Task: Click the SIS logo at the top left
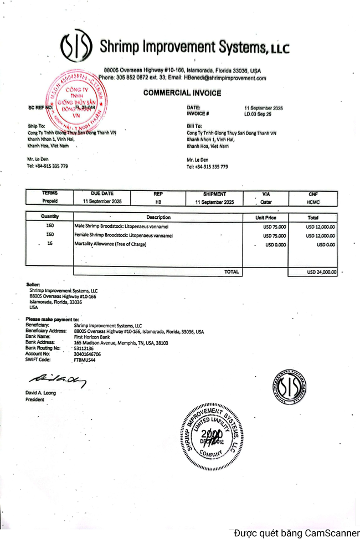pos(76,47)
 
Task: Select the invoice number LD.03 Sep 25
pos(258,114)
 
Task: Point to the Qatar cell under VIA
pos(266,202)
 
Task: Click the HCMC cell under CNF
pos(313,202)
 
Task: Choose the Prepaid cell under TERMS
pos(50,202)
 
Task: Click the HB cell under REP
pos(158,202)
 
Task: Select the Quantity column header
pos(50,217)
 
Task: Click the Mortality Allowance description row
pos(110,244)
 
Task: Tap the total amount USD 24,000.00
pos(321,272)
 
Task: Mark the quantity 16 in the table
pos(50,244)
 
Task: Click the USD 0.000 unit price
pos(275,244)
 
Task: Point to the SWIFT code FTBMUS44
pos(85,360)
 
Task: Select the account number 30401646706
pos(88,354)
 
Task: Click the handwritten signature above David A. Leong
pos(58,379)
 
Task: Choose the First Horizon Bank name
pos(92,337)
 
